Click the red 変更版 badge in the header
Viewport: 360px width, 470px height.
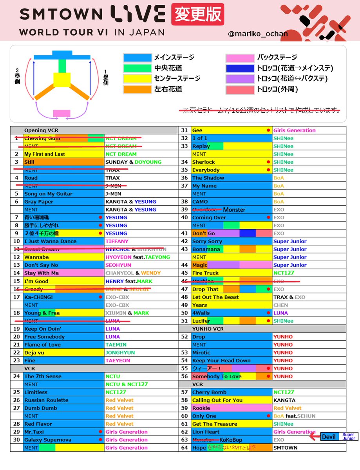tap(197, 14)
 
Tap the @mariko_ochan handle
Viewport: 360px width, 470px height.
tap(258, 34)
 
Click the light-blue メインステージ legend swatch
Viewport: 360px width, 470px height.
tap(137, 58)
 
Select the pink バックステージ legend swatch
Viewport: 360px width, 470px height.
tap(240, 58)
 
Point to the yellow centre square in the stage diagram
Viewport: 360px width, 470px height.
tap(62, 80)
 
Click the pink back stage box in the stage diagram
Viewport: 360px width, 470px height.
tap(62, 113)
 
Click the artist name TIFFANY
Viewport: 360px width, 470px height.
tap(117, 241)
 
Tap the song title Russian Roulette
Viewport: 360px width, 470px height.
tap(46, 400)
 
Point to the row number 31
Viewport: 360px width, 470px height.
tap(185, 130)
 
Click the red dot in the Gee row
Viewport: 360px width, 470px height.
tap(268, 130)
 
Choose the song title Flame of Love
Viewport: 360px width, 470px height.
tap(42, 345)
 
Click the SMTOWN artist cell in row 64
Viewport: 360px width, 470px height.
tap(285, 448)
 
